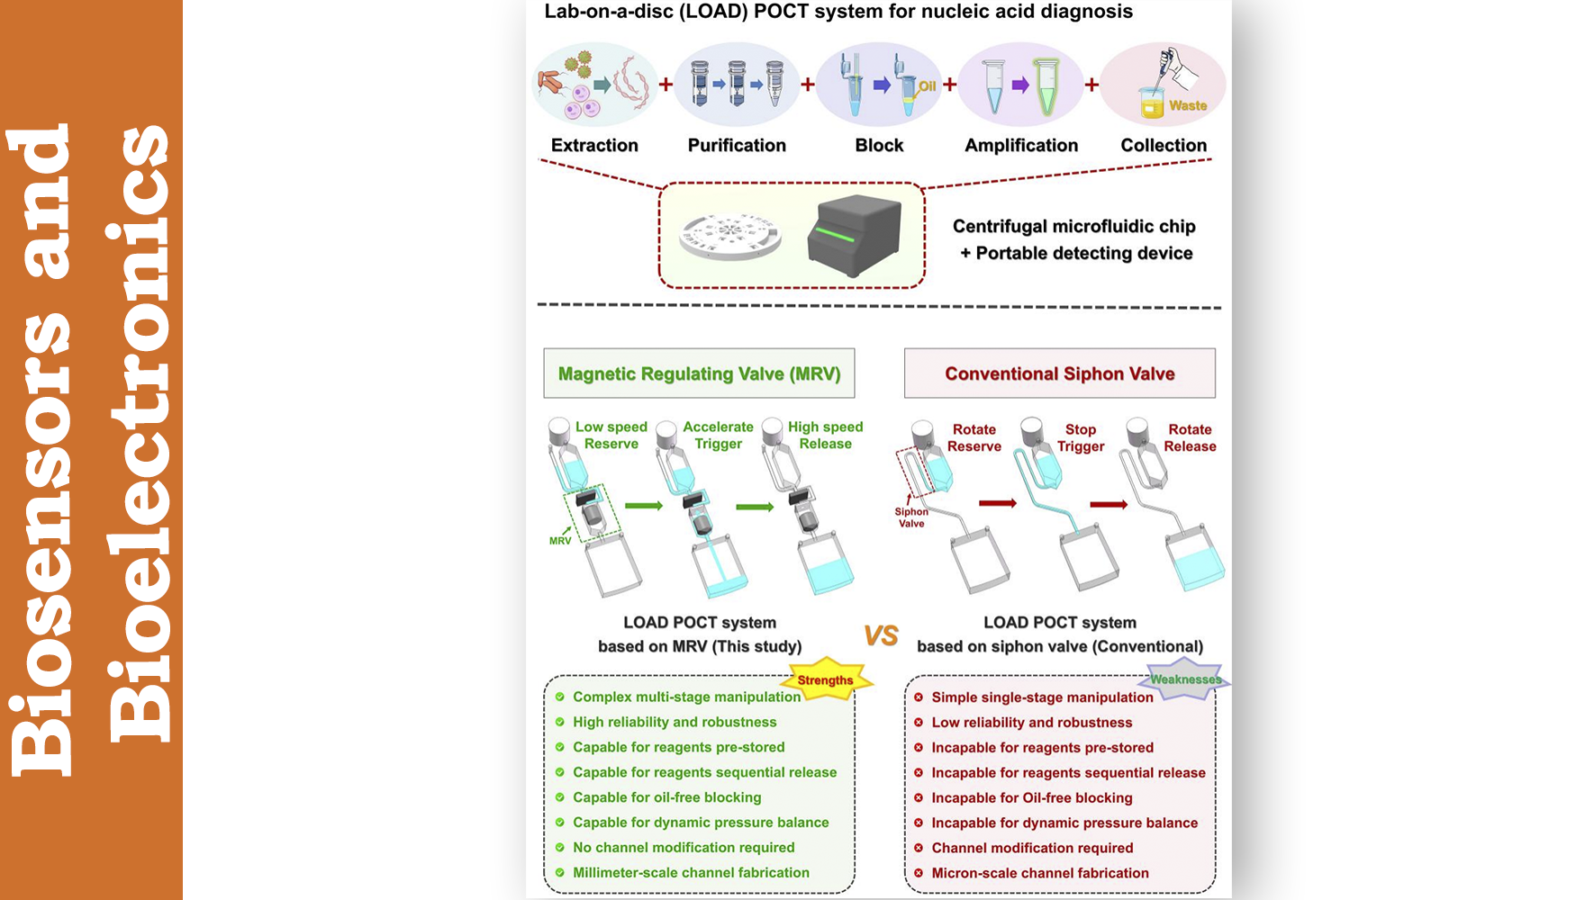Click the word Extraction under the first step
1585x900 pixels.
(x=594, y=145)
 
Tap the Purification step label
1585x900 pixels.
(x=737, y=145)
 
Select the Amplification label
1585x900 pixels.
(x=1021, y=145)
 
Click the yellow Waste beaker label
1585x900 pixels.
(x=1187, y=105)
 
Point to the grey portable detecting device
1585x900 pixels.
(x=854, y=235)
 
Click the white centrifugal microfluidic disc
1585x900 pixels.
(x=729, y=237)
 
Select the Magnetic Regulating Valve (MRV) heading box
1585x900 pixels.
(x=699, y=373)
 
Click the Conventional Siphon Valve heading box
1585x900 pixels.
(x=1059, y=373)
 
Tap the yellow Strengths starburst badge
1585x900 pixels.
(x=825, y=680)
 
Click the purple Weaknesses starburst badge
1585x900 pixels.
(x=1185, y=679)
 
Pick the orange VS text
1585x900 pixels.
(x=881, y=636)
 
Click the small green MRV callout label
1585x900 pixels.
(x=560, y=541)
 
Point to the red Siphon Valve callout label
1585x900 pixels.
(x=911, y=517)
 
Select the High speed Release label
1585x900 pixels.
(x=825, y=436)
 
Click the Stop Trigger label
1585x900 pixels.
(x=1081, y=438)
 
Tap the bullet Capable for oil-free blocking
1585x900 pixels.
(x=666, y=797)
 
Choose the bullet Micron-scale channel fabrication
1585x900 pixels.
(x=1040, y=873)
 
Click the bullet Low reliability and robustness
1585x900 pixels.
(x=1031, y=723)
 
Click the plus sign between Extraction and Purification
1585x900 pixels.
(x=666, y=85)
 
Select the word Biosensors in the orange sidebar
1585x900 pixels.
(x=41, y=450)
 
